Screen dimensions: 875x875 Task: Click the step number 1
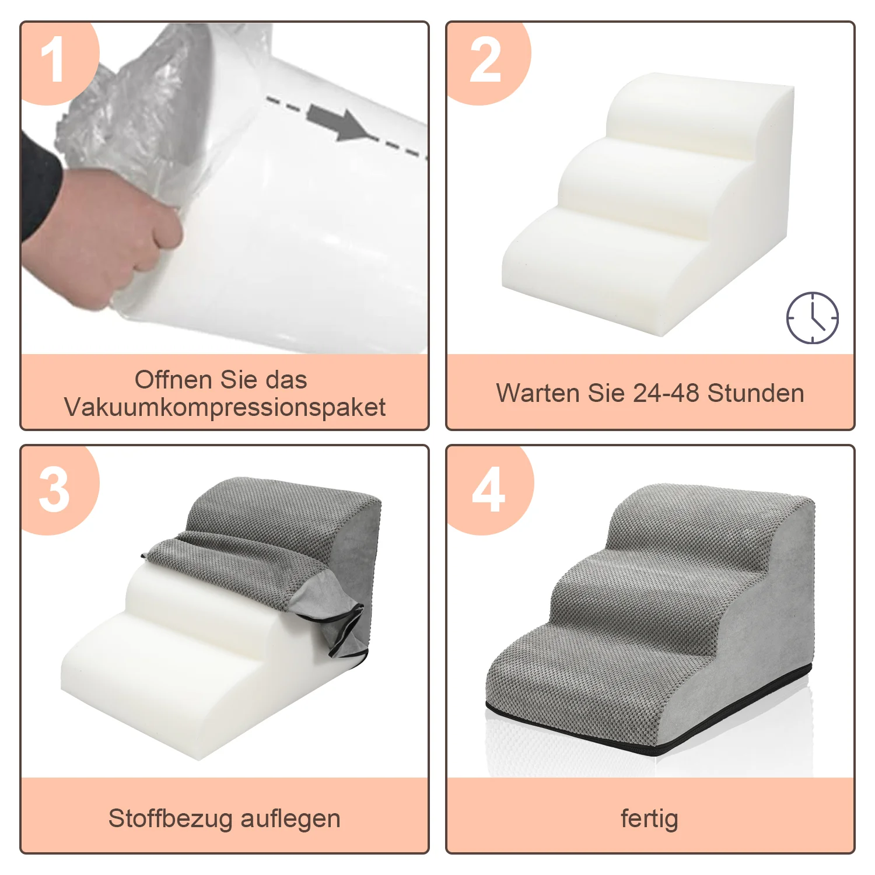click(52, 60)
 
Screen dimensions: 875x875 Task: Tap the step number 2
click(485, 60)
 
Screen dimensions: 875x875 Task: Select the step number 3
click(54, 490)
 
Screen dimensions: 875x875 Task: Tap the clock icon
click(813, 318)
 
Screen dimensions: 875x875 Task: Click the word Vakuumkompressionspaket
click(225, 407)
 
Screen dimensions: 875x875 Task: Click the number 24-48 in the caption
click(666, 393)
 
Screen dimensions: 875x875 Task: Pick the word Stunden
click(756, 393)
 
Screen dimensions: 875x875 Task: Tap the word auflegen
click(290, 819)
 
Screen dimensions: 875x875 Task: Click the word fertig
click(649, 819)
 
